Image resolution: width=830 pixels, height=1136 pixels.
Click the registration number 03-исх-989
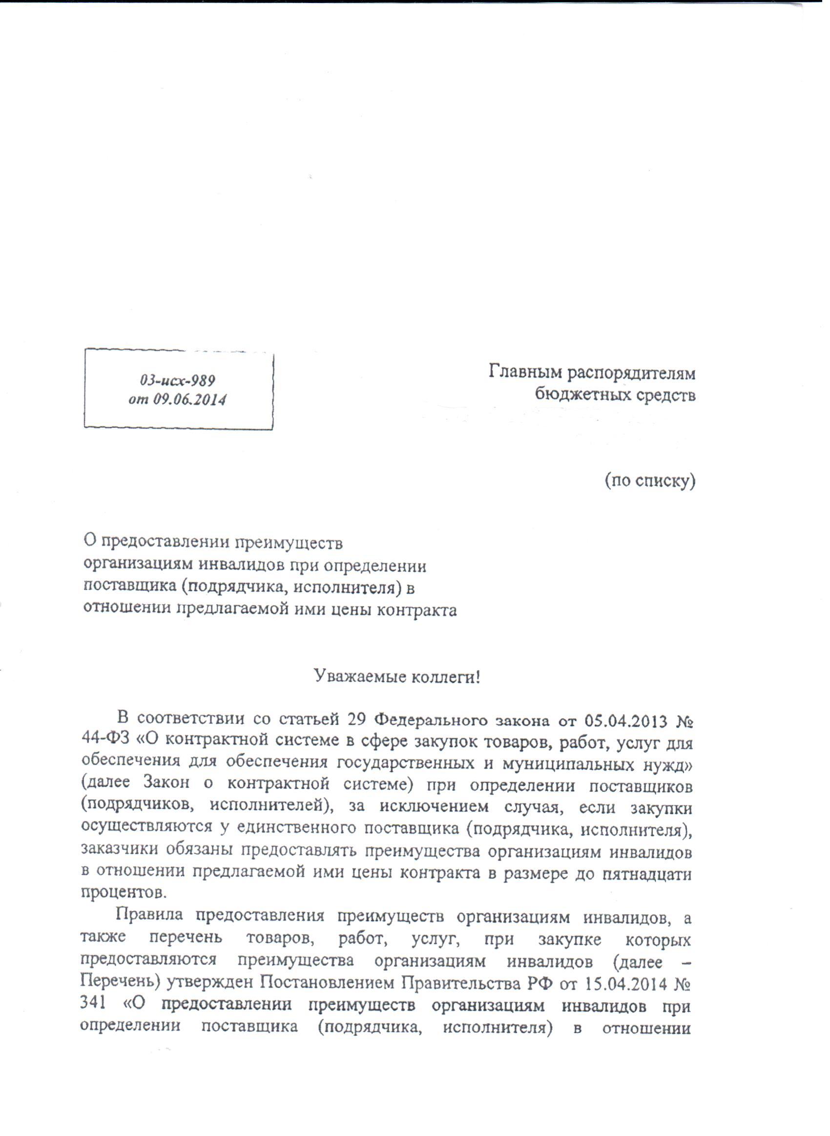(178, 379)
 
